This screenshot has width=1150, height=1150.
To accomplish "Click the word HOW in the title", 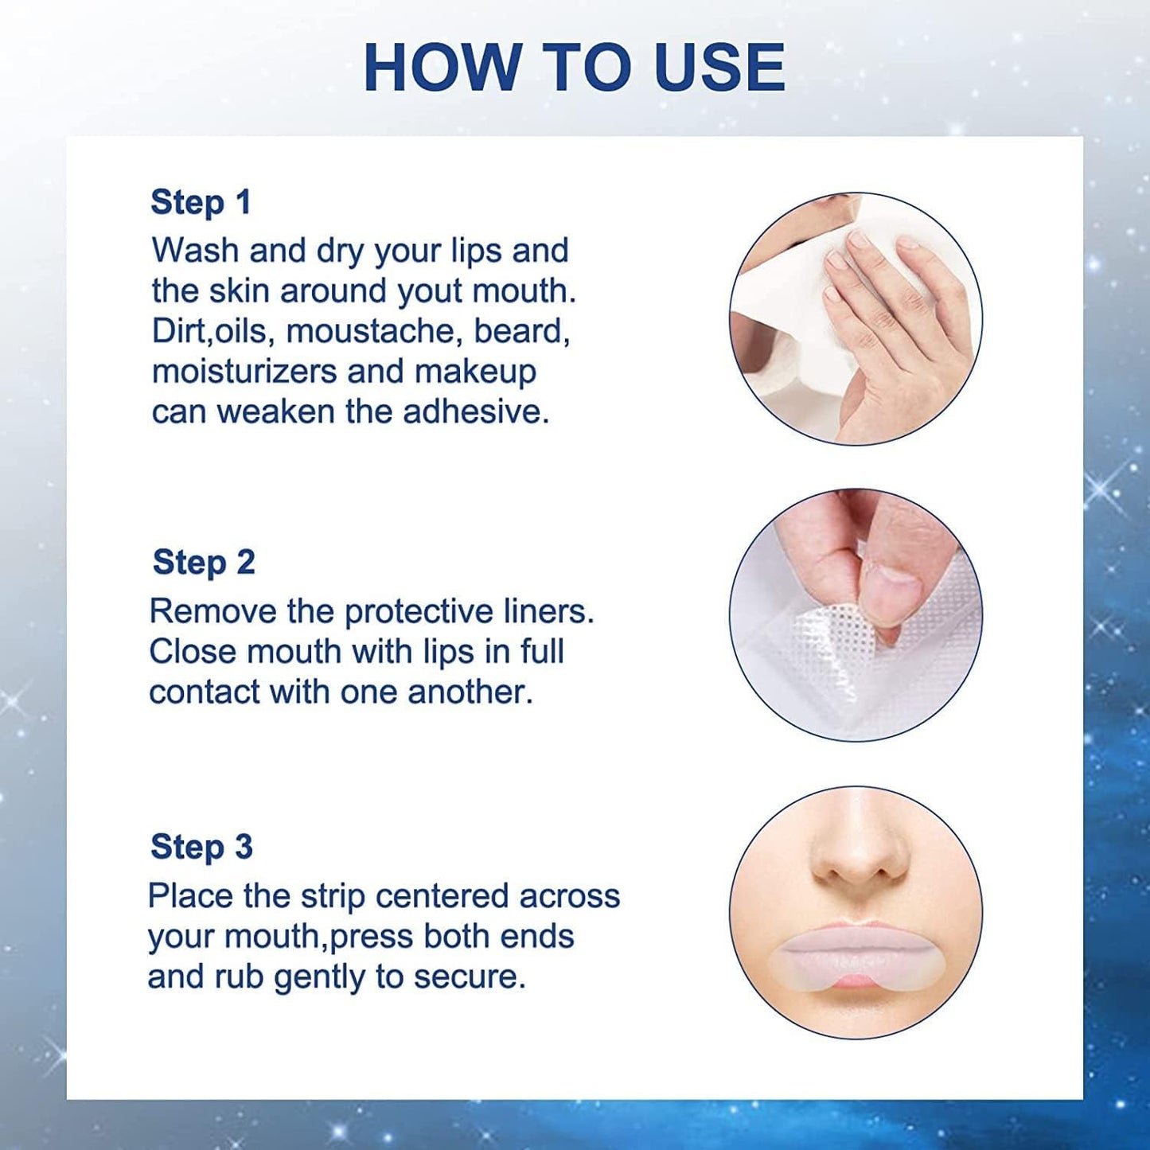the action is point(440,68).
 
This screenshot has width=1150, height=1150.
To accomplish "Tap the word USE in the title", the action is point(719,68).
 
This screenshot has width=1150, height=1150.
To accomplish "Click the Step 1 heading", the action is point(201,202).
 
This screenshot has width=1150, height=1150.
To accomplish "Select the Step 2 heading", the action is point(204,562).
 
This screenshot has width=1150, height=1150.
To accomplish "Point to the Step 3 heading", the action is point(201,846).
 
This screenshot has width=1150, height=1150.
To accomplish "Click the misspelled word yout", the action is point(431,292).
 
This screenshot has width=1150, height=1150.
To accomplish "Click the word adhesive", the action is point(476,411).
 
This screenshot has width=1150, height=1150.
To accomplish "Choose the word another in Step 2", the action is point(470,692).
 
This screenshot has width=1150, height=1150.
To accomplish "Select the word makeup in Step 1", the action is point(475,372).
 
